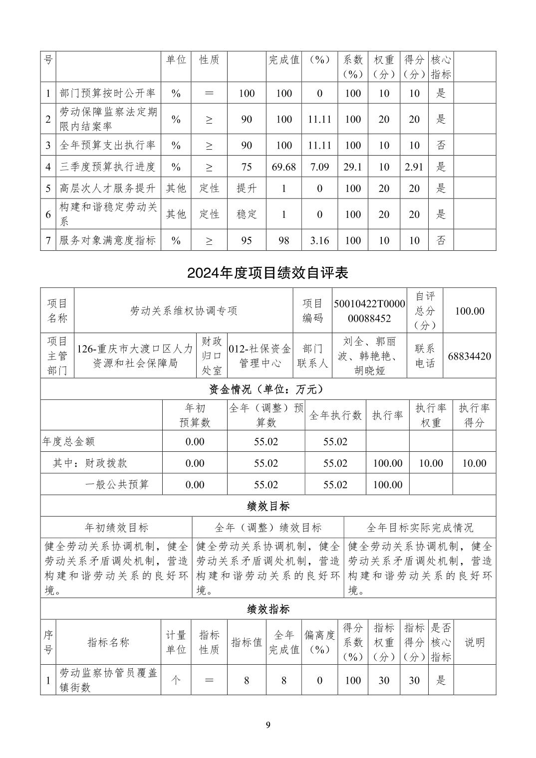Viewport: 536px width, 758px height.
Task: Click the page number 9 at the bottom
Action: point(268,725)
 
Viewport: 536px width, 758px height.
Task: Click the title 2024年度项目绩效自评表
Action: point(268,273)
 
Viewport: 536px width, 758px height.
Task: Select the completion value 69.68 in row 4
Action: point(283,167)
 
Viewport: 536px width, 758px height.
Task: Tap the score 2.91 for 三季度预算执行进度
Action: point(414,167)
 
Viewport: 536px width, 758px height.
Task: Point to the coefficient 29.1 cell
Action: point(352,167)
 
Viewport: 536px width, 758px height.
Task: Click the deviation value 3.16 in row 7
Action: point(319,240)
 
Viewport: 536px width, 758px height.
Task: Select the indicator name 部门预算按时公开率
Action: point(107,93)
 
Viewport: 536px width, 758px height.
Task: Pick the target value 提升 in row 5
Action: point(247,189)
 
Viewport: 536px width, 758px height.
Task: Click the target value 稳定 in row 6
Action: point(247,214)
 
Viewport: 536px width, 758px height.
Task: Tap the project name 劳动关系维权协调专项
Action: point(184,311)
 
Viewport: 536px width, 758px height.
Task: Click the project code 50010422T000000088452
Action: point(369,311)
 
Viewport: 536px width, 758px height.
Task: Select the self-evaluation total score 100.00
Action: point(469,311)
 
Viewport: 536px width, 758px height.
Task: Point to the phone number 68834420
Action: point(469,356)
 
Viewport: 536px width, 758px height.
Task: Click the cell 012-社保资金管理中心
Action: point(260,356)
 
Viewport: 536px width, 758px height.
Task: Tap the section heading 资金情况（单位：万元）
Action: point(268,389)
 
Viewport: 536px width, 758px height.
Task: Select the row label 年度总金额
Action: point(69,441)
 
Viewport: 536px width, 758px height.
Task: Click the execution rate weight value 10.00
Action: point(431,463)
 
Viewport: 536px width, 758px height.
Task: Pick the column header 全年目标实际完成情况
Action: point(420,528)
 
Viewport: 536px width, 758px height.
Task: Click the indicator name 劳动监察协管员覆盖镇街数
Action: point(108,680)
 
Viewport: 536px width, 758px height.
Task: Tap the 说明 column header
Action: point(474,642)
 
